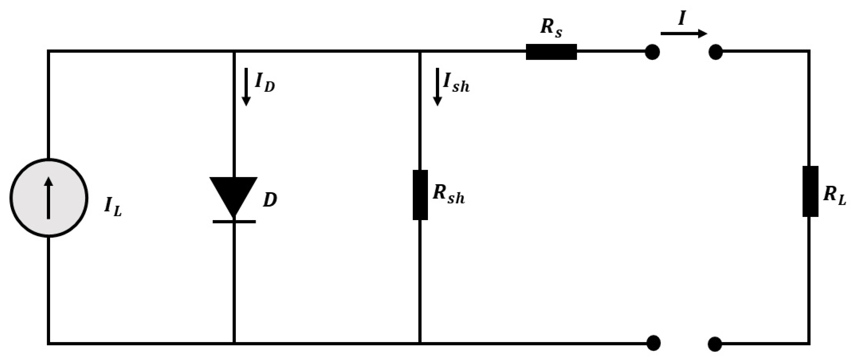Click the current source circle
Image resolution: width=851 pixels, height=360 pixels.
click(x=49, y=198)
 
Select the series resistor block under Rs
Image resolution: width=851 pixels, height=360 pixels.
click(x=551, y=52)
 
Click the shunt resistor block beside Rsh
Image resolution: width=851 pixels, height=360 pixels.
click(x=420, y=195)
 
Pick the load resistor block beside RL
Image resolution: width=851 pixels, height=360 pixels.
click(x=810, y=191)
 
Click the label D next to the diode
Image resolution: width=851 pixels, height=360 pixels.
click(x=270, y=200)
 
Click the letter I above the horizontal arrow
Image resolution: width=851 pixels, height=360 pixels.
click(x=681, y=18)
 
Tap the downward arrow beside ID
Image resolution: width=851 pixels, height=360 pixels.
click(x=246, y=86)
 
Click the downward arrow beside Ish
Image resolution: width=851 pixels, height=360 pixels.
click(x=437, y=86)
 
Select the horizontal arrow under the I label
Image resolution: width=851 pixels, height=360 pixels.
click(x=683, y=34)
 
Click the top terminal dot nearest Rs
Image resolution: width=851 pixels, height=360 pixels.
click(x=652, y=52)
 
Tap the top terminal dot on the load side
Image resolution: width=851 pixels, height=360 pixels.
click(x=715, y=52)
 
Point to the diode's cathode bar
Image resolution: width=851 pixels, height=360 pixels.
click(x=234, y=221)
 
